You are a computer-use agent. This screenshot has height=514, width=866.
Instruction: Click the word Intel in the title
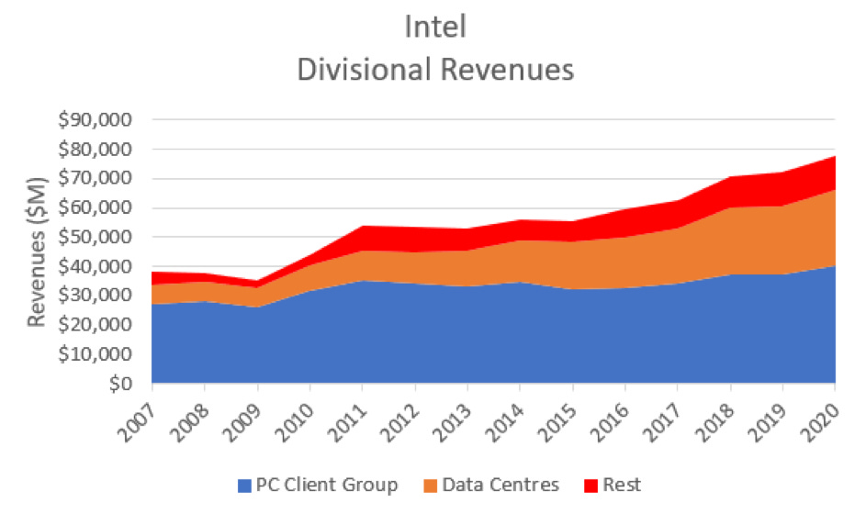pyautogui.click(x=435, y=28)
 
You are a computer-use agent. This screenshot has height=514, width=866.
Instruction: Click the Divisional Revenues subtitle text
pyautogui.click(x=435, y=70)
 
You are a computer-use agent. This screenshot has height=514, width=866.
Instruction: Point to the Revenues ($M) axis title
pyautogui.click(x=38, y=251)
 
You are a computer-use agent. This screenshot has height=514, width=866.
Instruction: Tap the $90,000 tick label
pyautogui.click(x=96, y=120)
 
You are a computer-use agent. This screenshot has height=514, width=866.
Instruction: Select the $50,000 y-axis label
pyautogui.click(x=96, y=237)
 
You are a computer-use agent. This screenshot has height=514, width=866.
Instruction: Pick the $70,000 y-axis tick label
pyautogui.click(x=96, y=178)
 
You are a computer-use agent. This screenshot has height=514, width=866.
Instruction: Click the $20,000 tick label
pyautogui.click(x=96, y=325)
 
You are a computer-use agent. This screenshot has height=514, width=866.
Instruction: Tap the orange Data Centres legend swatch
pyautogui.click(x=434, y=484)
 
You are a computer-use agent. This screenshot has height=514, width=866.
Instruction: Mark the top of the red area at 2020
pyautogui.click(x=834, y=156)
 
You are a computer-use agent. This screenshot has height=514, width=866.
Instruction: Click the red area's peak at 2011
pyautogui.click(x=363, y=226)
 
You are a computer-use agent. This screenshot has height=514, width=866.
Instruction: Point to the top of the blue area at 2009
pyautogui.click(x=257, y=307)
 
